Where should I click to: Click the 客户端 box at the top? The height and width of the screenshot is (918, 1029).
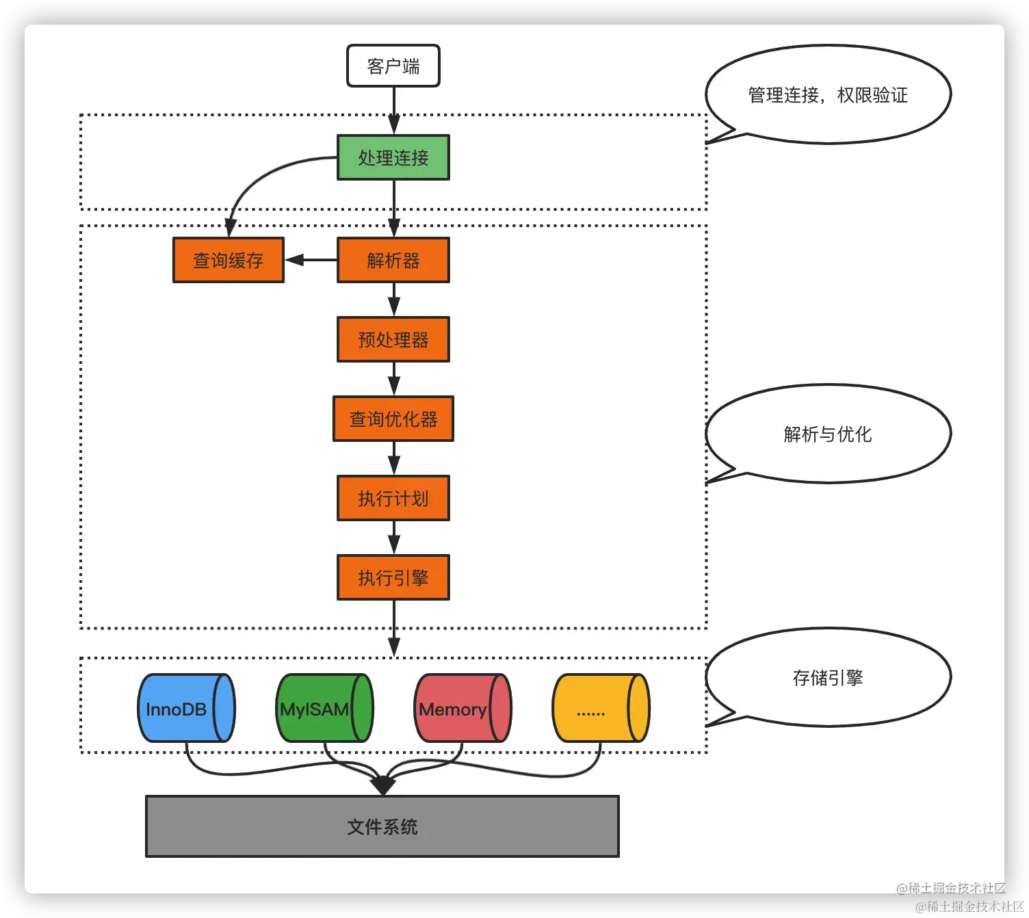click(393, 66)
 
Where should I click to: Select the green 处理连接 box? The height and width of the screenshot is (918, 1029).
click(393, 158)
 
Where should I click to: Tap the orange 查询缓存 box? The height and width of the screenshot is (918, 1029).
click(228, 261)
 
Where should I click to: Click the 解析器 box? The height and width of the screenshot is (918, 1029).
click(393, 261)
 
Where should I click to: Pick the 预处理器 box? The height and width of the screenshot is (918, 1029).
click(393, 340)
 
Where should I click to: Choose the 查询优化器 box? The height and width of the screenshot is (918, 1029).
click(393, 419)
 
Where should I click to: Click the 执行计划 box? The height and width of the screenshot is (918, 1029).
click(393, 499)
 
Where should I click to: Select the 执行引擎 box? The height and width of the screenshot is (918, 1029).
click(393, 578)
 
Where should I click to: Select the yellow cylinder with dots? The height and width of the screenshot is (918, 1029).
click(600, 709)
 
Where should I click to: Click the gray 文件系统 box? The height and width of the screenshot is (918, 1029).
click(382, 827)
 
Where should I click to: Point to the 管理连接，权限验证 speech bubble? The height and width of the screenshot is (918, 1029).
click(828, 95)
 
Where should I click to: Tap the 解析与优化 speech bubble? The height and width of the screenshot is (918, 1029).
click(828, 434)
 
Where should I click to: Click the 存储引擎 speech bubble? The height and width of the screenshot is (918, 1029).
click(828, 678)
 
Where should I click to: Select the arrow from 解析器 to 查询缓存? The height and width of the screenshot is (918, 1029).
click(311, 260)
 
